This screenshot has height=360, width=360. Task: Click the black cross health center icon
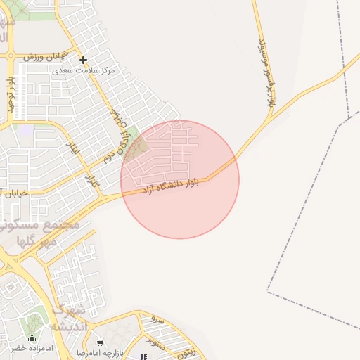[x=83, y=60]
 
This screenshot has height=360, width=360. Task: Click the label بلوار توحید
[x=11, y=94]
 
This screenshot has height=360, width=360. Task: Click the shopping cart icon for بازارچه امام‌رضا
[x=100, y=343]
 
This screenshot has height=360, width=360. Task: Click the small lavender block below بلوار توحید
[x=25, y=130]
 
